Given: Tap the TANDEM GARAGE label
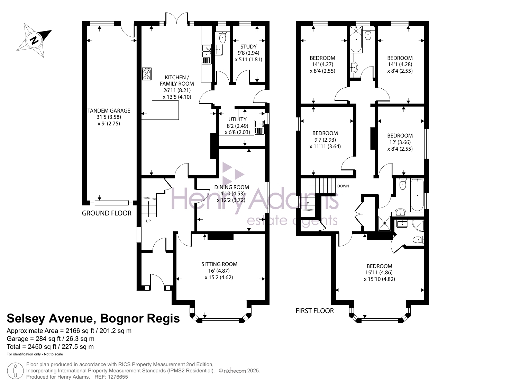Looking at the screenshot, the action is tap(109, 111).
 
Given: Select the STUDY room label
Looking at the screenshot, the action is tap(248, 47).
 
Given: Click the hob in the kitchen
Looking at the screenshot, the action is tap(147, 74).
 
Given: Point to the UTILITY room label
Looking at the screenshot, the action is tap(237, 120).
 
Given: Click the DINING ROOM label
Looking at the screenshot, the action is tap(232, 187).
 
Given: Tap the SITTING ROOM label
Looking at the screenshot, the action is tap(219, 264).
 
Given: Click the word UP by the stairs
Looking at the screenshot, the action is tap(148, 221).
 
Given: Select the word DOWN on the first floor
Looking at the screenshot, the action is tap(343, 186).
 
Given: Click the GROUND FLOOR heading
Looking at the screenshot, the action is tap(107, 213).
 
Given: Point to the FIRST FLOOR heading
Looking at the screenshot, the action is tap(314, 311).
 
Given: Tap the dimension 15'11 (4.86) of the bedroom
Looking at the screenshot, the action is tap(379, 273).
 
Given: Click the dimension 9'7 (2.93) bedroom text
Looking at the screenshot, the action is tap(325, 140).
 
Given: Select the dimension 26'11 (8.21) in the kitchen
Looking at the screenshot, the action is tap(177, 90).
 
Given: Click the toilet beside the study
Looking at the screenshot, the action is tap(222, 37).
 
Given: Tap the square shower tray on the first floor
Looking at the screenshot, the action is tap(385, 223).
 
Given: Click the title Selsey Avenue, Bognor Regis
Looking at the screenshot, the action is tap(93, 318).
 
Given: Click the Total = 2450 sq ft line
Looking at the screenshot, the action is tap(50, 347).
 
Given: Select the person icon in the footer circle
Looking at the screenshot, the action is tap(16, 371).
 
